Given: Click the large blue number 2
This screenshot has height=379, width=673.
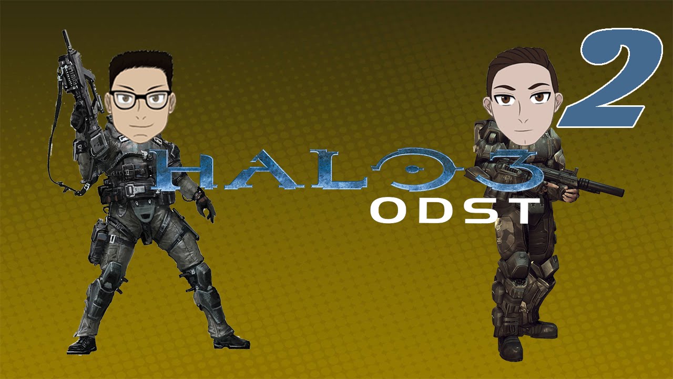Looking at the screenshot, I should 610,79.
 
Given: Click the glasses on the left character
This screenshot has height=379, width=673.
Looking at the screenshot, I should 139,99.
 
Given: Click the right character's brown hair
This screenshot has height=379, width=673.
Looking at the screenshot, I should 521,61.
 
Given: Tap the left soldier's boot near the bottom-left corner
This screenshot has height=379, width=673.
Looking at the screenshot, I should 82,345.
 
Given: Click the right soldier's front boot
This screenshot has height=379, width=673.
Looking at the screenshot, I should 510,347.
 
